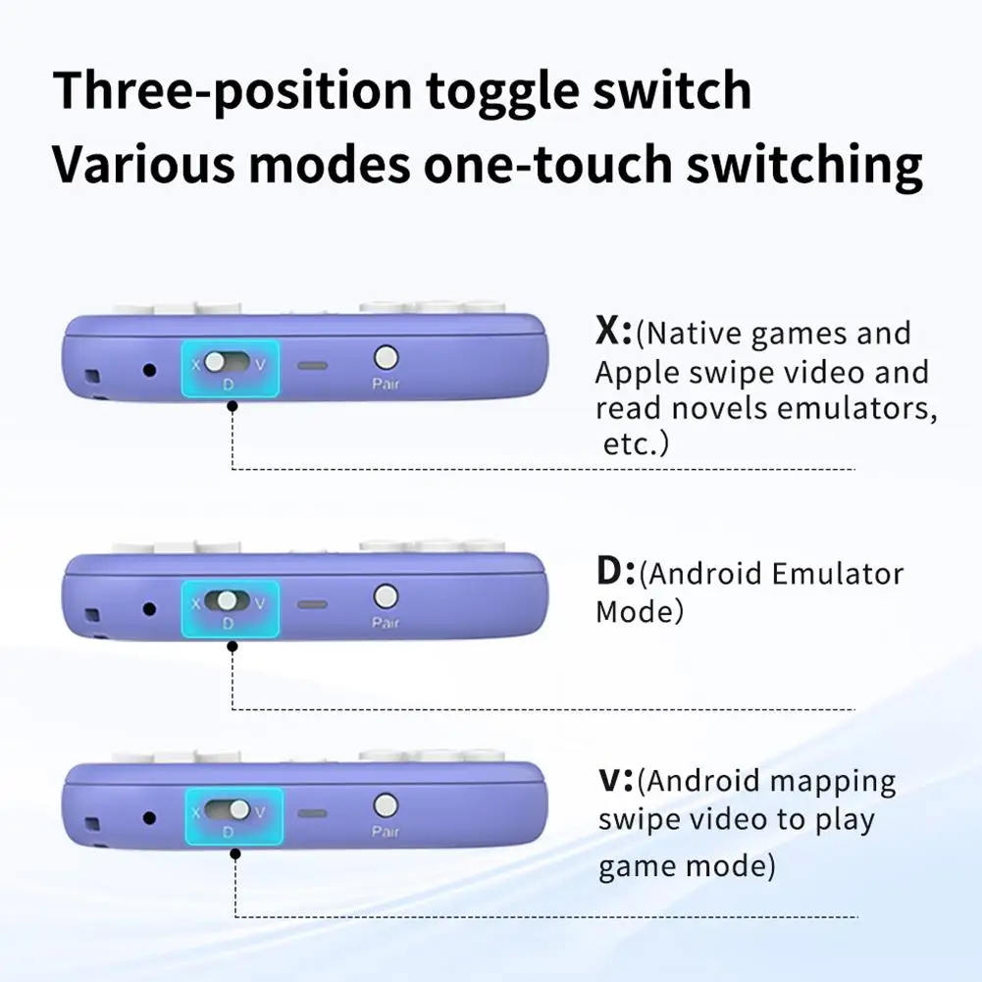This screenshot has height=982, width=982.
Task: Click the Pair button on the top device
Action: tap(387, 358)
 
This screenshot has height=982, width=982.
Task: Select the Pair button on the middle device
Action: tap(386, 595)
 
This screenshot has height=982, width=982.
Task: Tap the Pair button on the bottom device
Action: tap(386, 805)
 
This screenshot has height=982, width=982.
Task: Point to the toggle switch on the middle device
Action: tap(228, 600)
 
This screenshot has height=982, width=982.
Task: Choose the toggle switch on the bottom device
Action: tap(231, 811)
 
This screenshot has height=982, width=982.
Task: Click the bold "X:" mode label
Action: tap(614, 332)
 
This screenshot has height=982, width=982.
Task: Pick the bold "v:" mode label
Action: tap(616, 781)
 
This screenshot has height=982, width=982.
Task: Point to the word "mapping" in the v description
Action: tap(833, 783)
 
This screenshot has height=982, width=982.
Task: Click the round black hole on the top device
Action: tap(149, 370)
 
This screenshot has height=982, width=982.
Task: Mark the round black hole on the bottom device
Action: tap(149, 817)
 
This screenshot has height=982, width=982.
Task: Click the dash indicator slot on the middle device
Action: tap(313, 604)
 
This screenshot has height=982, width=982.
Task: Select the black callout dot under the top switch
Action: tap(233, 405)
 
